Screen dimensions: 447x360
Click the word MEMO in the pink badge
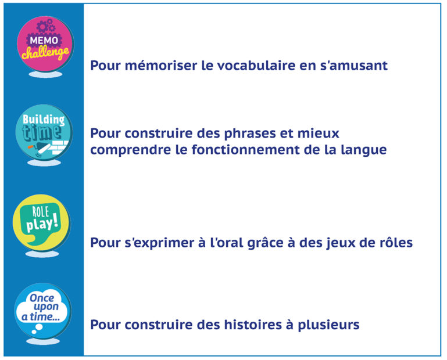click(x=44, y=41)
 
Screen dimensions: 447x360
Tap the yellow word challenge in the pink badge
click(x=45, y=53)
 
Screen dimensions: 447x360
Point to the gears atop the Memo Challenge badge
click(x=46, y=26)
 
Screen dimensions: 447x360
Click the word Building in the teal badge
click(x=44, y=120)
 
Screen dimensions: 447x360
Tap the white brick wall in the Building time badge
click(x=59, y=146)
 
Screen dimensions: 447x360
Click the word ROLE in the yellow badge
click(x=40, y=212)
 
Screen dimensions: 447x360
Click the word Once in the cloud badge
click(x=42, y=298)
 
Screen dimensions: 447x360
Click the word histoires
click(x=253, y=325)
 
